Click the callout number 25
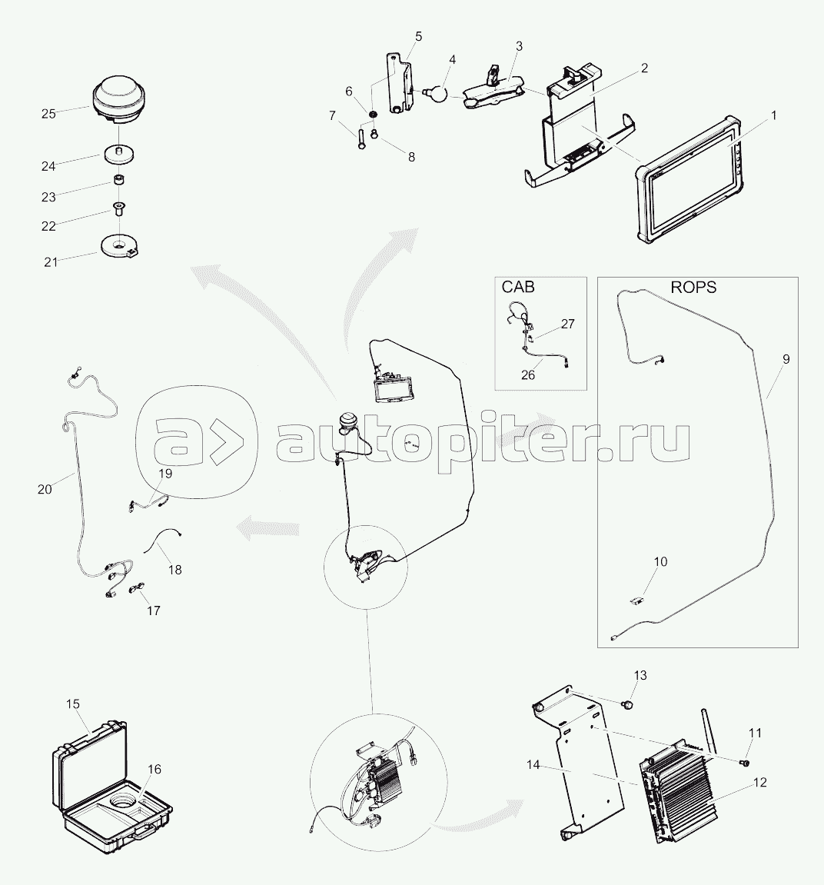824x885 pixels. coord(48,114)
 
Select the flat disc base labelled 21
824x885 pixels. coord(120,247)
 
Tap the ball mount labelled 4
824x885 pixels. coord(434,92)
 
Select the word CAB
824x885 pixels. coord(517,288)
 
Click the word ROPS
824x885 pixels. coord(693,288)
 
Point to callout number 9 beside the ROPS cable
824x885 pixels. coord(786,359)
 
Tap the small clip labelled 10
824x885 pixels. coord(636,601)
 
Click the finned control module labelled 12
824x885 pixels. coord(677,790)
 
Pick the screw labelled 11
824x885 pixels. coord(745,763)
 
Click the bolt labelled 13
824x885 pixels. coord(627,704)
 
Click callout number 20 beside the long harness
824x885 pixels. coord(45,489)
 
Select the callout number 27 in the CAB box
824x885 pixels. coord(568,324)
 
